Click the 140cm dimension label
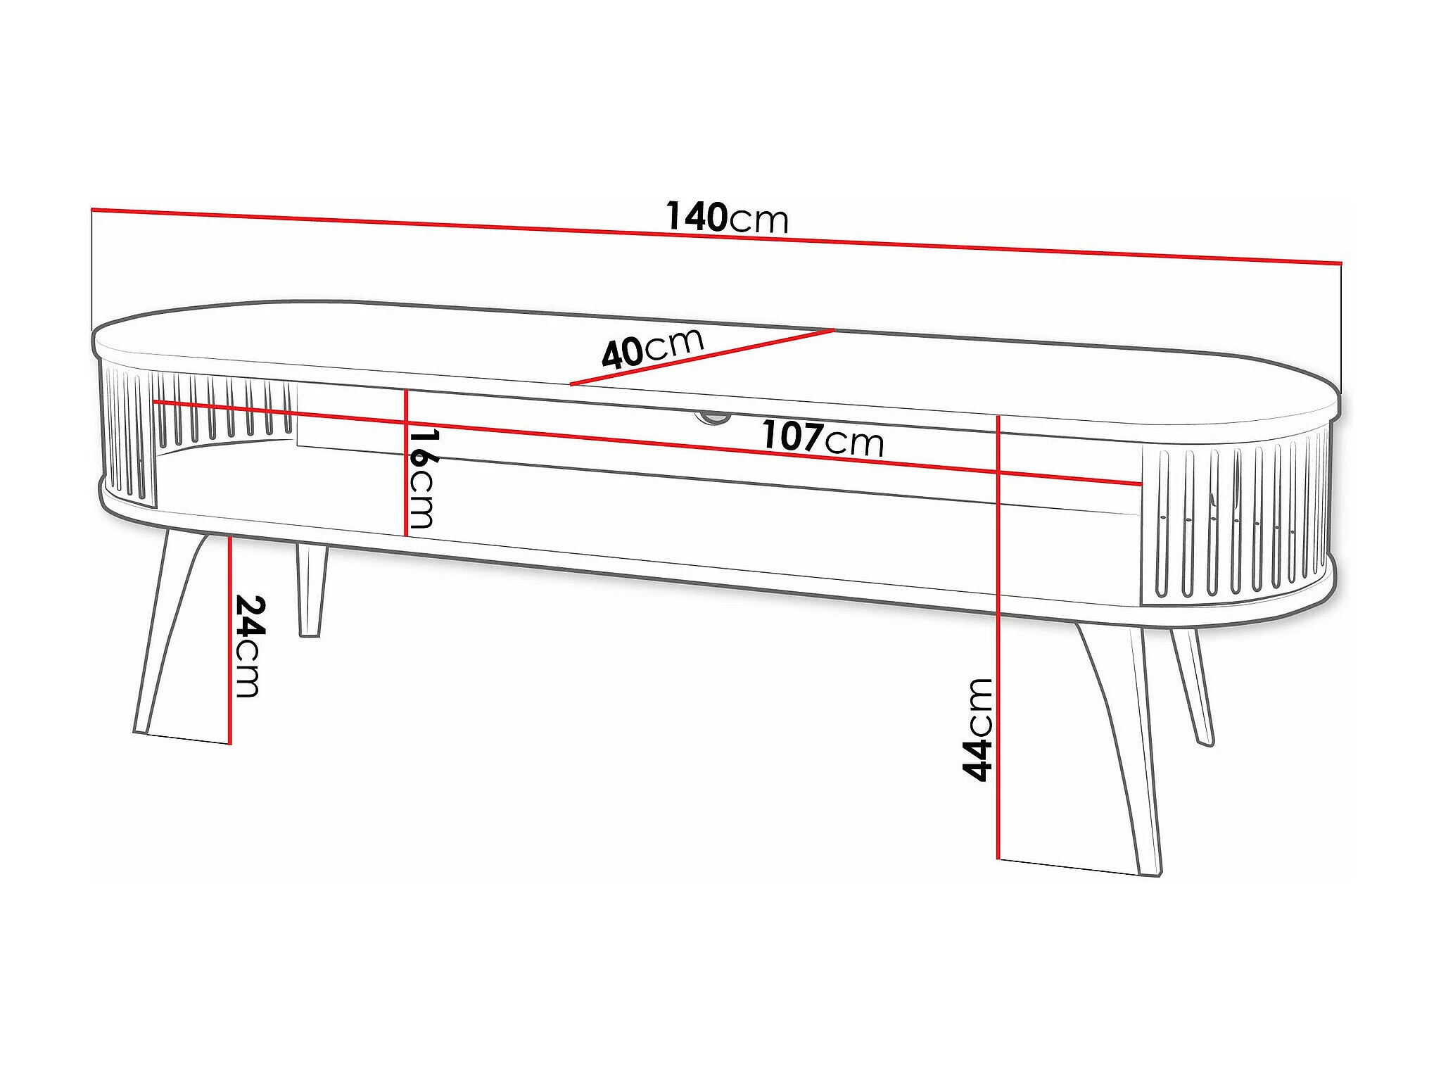coord(727,217)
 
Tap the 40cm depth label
coord(652,348)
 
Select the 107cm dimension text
coord(823,438)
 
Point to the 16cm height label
coord(423,478)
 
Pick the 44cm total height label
coord(977,730)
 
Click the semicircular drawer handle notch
coord(713,417)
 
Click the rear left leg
coord(311,590)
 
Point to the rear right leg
coord(1192,687)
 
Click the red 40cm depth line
coord(702,357)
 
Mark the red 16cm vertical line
coord(407,462)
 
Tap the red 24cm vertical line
coord(230,639)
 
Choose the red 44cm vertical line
coord(998,638)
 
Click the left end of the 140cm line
coord(92,209)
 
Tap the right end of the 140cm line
coord(1341,263)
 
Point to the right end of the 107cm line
coord(1141,484)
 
